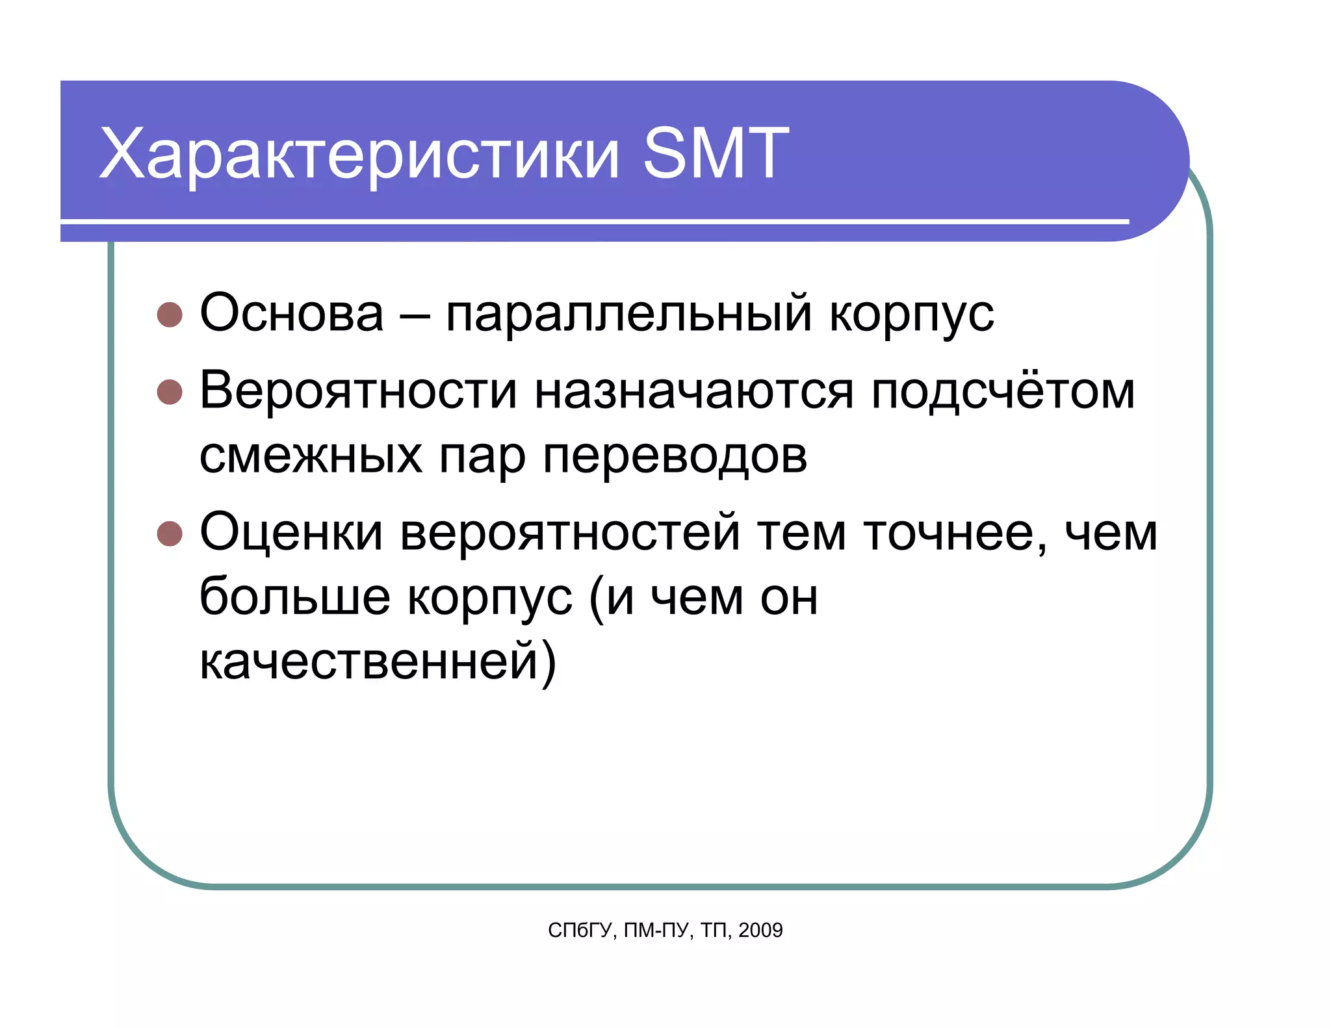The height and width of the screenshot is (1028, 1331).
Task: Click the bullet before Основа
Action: (x=170, y=315)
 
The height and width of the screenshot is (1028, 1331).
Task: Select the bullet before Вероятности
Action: (x=170, y=392)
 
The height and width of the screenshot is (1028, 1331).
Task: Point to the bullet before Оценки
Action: (x=170, y=533)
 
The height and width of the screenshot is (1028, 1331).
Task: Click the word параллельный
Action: (x=628, y=315)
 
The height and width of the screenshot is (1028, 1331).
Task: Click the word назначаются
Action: (x=693, y=392)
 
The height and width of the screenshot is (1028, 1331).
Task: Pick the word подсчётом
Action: (x=1003, y=392)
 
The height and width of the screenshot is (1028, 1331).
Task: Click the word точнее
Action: (x=955, y=534)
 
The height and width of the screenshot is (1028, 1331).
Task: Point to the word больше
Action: (x=294, y=597)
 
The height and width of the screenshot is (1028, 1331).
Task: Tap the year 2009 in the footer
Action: (x=760, y=931)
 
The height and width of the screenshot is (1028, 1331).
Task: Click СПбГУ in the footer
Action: (x=580, y=931)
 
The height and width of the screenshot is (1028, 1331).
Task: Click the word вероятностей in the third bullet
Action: (x=569, y=534)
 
